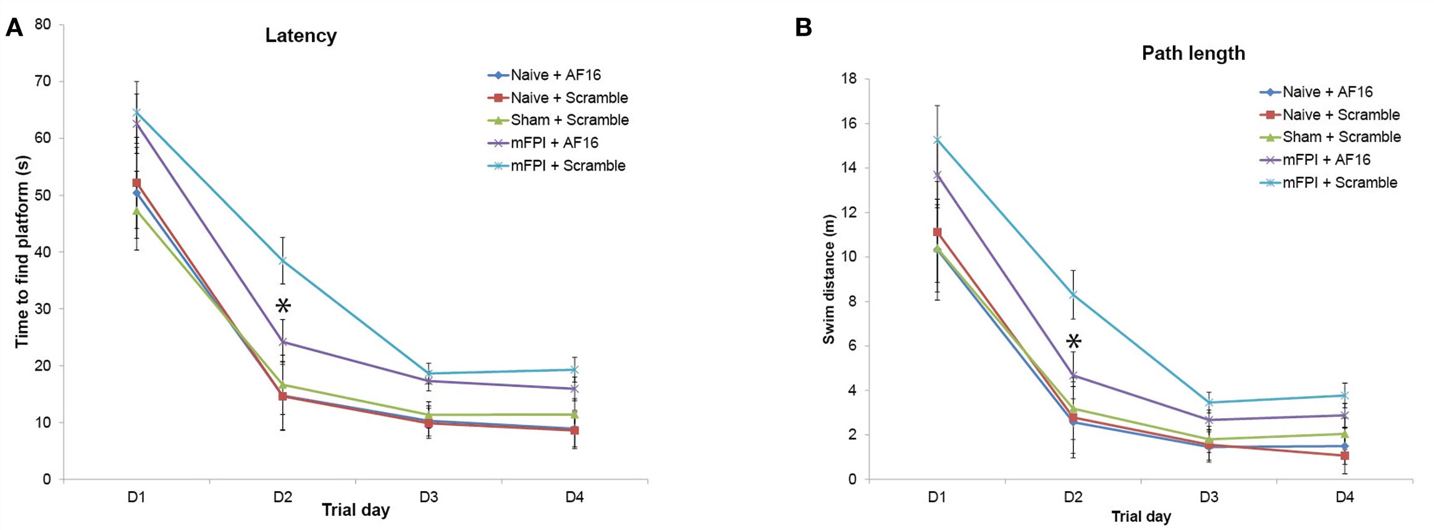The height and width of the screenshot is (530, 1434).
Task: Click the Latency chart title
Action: click(301, 35)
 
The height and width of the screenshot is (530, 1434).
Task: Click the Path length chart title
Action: click(1193, 53)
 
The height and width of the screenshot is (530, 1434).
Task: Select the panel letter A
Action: click(14, 28)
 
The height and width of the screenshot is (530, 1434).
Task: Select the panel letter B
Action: click(803, 28)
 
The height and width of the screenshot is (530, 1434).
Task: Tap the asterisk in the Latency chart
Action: click(283, 306)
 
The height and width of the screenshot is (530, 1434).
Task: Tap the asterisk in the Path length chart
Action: click(1073, 342)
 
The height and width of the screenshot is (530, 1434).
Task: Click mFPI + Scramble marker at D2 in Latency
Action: click(283, 260)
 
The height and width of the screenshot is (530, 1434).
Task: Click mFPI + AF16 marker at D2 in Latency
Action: click(283, 341)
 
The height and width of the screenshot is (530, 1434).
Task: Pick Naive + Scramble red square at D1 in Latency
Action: click(136, 183)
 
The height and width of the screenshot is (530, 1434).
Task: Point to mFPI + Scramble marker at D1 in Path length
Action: click(937, 140)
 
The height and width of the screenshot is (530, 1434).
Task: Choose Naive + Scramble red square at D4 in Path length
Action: click(1344, 456)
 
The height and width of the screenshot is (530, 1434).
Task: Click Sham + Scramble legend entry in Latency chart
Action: click(569, 120)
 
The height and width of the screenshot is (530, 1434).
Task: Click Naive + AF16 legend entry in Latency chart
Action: click(555, 75)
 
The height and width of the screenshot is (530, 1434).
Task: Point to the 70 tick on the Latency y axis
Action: click(43, 81)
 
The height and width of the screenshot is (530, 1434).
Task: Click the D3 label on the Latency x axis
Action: click(429, 497)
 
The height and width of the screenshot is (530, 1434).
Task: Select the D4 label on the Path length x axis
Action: click(1344, 497)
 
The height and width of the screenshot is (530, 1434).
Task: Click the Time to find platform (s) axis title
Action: click(22, 251)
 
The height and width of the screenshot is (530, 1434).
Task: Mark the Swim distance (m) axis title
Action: click(828, 279)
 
